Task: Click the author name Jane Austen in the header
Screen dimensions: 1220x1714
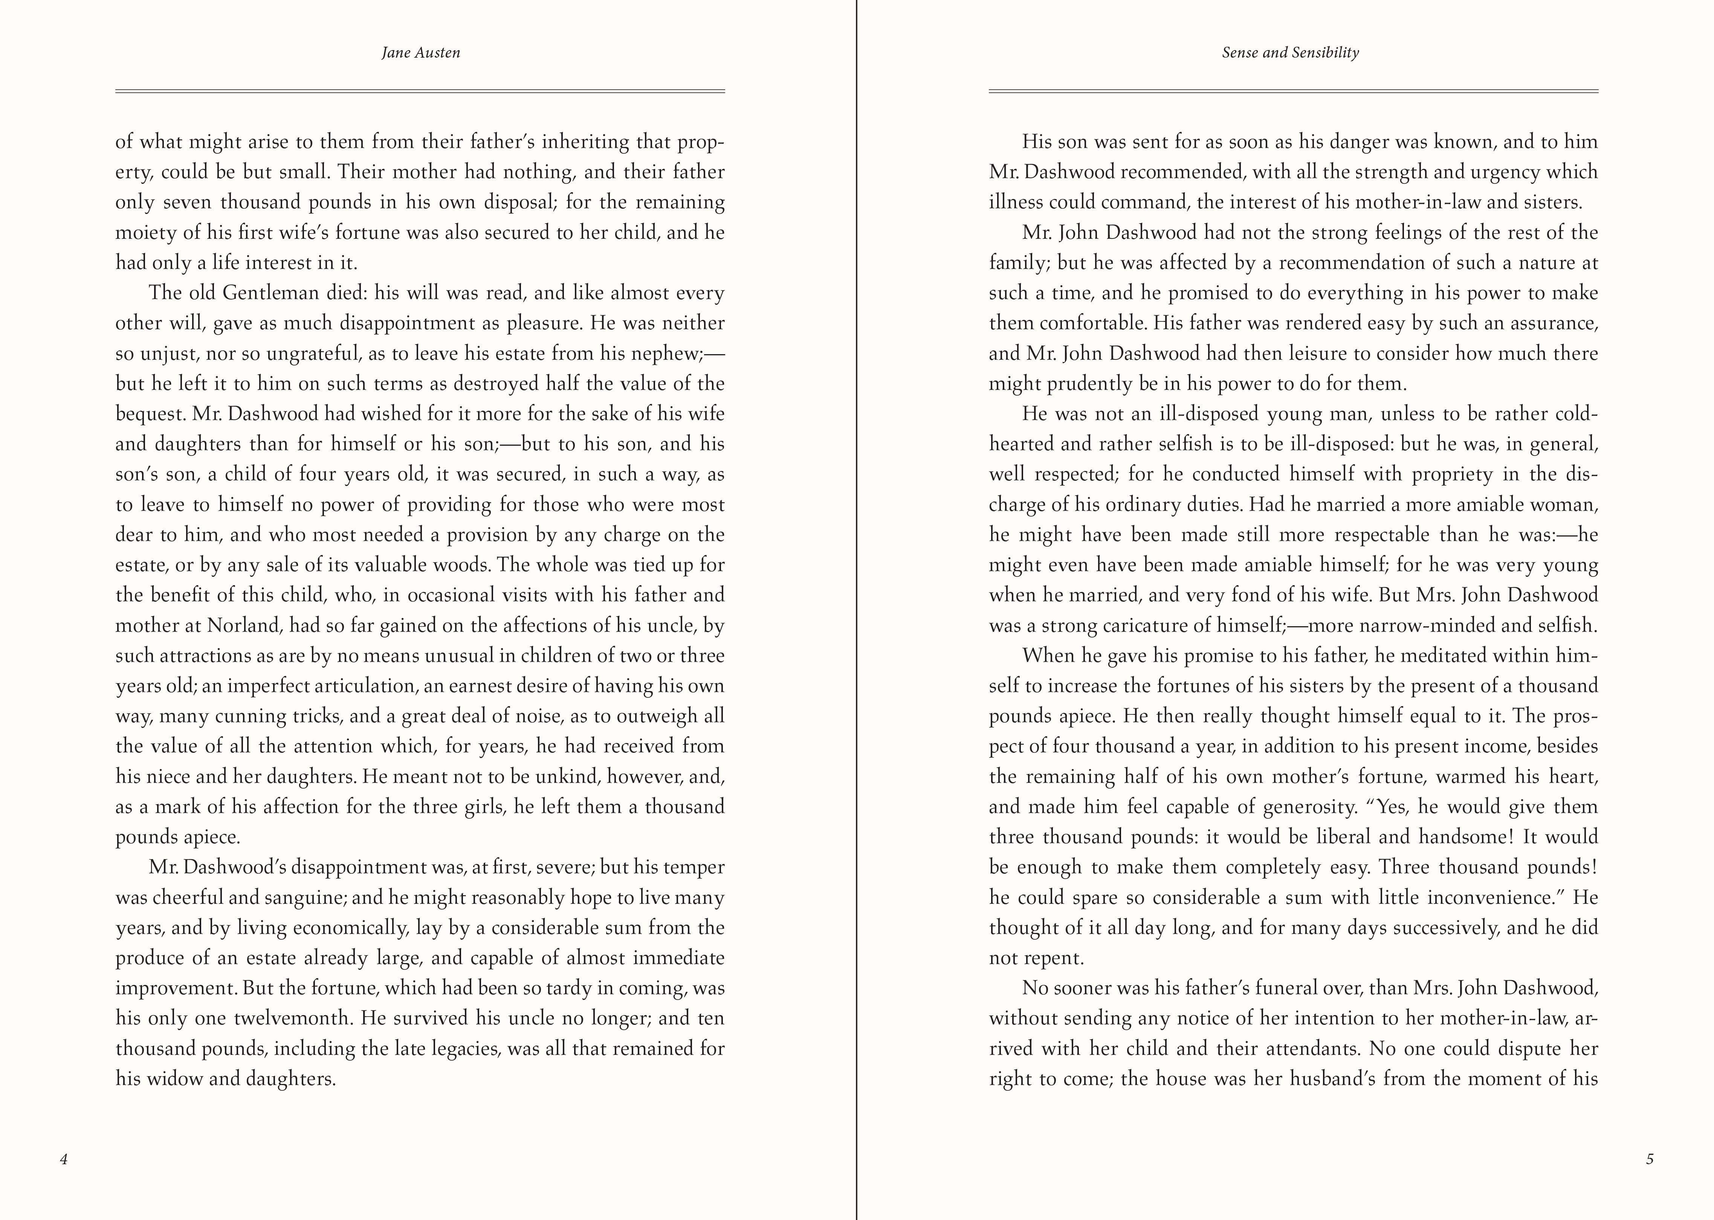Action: [421, 53]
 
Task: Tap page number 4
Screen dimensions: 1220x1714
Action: [64, 1159]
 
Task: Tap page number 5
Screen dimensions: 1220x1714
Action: [1650, 1159]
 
